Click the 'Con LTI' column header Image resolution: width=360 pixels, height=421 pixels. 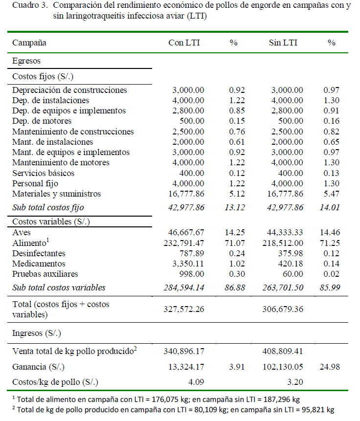pyautogui.click(x=184, y=43)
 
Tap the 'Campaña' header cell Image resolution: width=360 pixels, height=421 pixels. pyautogui.click(x=29, y=43)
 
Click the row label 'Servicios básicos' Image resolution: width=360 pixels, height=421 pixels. pyautogui.click(x=44, y=173)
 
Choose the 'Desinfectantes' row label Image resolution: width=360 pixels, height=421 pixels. pyautogui.click(x=39, y=253)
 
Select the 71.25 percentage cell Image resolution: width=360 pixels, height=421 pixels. pyautogui.click(x=332, y=243)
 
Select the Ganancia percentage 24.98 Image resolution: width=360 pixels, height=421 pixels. pyautogui.click(x=332, y=366)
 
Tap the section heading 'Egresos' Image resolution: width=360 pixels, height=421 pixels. pyautogui.click(x=26, y=61)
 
